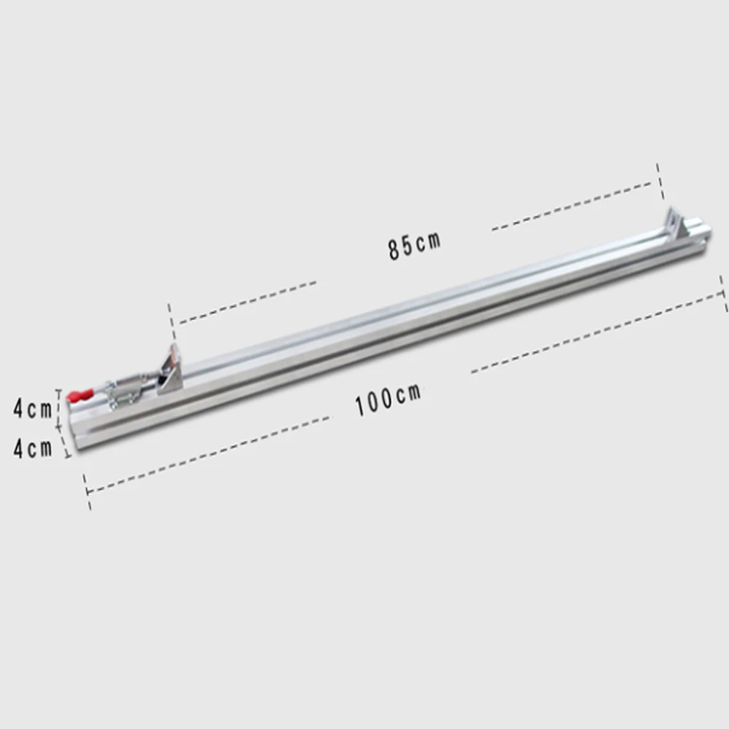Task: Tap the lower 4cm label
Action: click(32, 448)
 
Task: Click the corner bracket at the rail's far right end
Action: click(677, 223)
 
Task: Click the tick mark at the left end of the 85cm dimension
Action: click(171, 318)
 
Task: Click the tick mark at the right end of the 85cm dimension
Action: click(660, 181)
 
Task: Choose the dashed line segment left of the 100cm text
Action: click(208, 455)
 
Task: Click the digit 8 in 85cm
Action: click(394, 249)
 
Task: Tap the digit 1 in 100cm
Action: click(360, 406)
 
